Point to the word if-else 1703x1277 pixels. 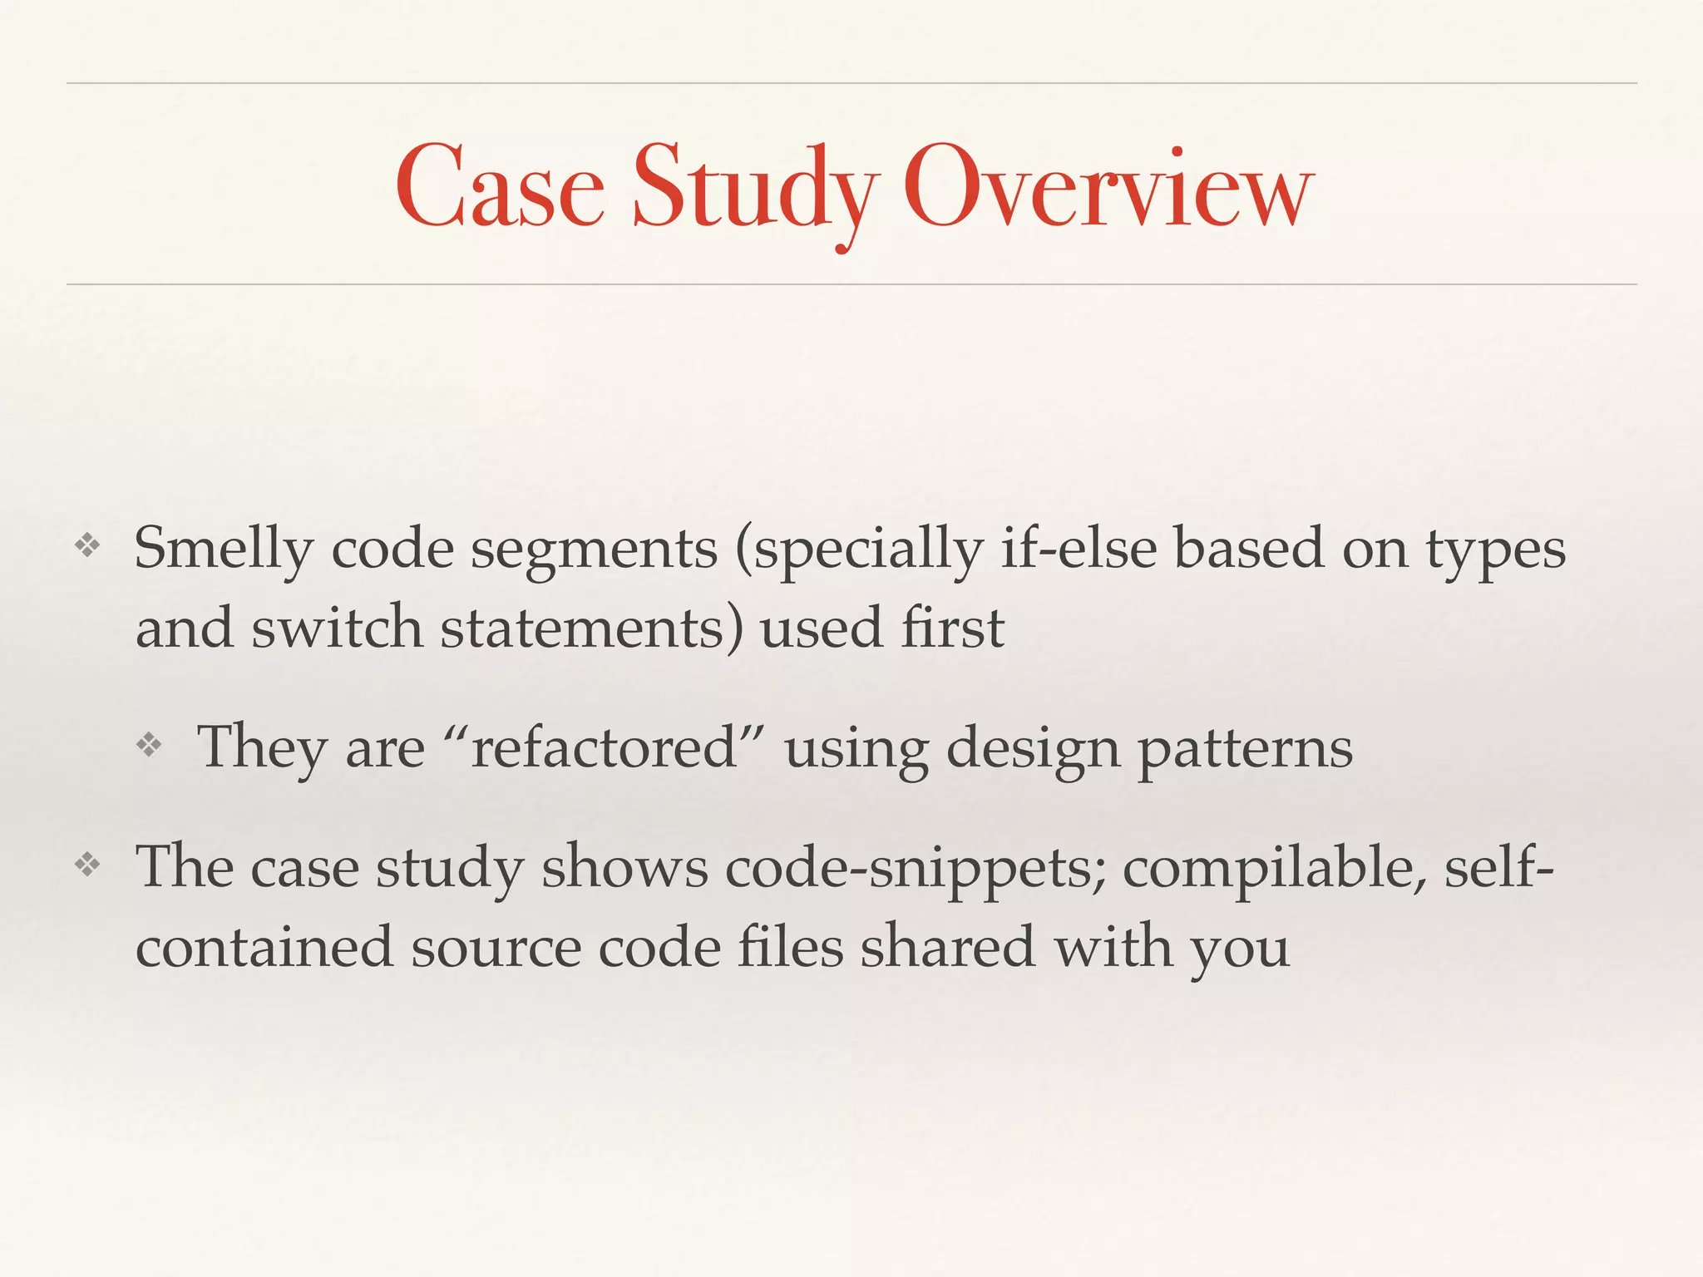coord(1079,549)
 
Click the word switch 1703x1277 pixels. coord(337,628)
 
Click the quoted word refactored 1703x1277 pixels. coord(605,747)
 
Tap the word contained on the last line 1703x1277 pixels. coord(264,947)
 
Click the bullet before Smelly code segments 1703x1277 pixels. coord(87,546)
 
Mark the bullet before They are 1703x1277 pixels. coord(149,744)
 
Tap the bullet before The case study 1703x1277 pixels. coord(87,865)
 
